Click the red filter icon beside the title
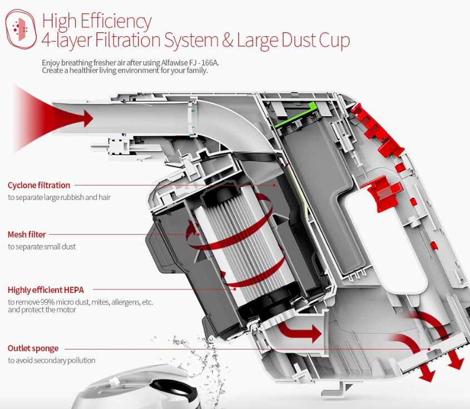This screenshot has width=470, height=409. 21,29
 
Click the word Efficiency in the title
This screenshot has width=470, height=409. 116,22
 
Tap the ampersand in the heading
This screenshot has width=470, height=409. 228,40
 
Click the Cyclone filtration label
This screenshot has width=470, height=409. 39,186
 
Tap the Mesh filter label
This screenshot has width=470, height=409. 27,235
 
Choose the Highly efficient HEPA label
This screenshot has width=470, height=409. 46,290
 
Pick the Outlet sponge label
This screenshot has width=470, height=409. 33,348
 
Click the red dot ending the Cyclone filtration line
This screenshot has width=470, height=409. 274,186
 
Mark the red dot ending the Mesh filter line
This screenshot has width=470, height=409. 198,235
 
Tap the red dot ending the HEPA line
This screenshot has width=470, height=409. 235,289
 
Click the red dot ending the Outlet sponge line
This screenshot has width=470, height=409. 429,349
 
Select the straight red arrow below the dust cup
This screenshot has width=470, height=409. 299,332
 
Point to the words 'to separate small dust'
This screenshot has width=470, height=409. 42,247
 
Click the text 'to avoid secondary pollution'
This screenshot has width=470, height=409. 52,360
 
